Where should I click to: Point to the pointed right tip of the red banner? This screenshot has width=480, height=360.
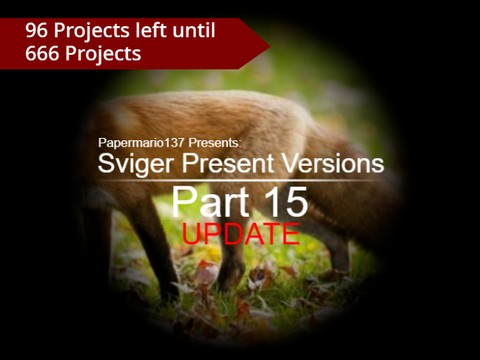click(267, 42)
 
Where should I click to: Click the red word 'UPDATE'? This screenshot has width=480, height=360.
click(240, 234)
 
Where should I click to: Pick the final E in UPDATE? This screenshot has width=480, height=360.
click(289, 234)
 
